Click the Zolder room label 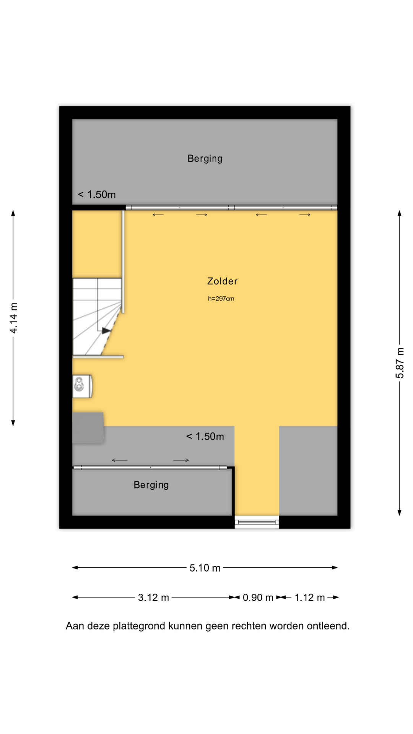(x=222, y=281)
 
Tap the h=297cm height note (x=221, y=299)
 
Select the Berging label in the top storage (x=205, y=159)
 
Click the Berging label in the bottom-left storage (x=151, y=485)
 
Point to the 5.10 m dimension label (x=205, y=568)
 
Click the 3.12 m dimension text (x=153, y=598)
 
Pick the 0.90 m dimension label (x=258, y=598)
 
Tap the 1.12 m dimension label (x=309, y=598)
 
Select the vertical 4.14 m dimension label (x=14, y=318)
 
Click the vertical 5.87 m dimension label (x=400, y=363)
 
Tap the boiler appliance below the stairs (x=82, y=386)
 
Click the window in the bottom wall (x=257, y=522)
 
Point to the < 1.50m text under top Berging (x=97, y=195)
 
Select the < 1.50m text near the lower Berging (x=205, y=437)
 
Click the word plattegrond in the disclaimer (x=139, y=626)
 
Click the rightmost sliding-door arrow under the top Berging (x=305, y=215)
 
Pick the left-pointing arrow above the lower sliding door (x=119, y=460)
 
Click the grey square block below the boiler (x=88, y=428)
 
